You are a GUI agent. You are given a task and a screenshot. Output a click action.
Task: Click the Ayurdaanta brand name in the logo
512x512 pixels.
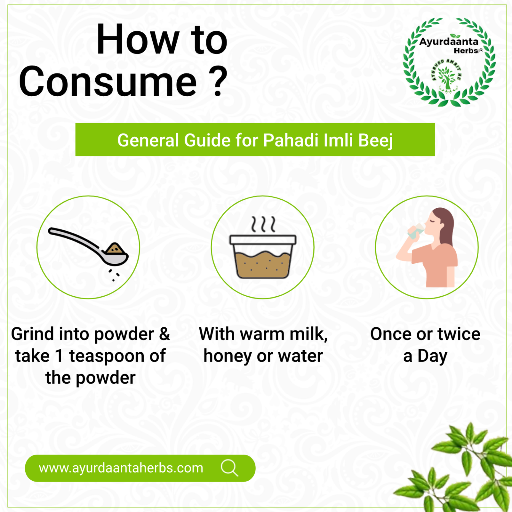point(449,42)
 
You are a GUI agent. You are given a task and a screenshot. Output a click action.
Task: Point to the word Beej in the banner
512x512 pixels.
point(375,141)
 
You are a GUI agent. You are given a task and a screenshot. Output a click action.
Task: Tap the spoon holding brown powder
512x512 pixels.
point(89,246)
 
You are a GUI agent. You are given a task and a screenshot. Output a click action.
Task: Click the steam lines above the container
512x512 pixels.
point(263,224)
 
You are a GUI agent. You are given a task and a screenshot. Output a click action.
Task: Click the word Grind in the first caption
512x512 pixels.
point(32,334)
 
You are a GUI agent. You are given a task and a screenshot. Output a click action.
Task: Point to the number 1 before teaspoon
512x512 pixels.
point(59,356)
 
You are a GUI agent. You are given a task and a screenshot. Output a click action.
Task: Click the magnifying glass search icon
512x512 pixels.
point(229,468)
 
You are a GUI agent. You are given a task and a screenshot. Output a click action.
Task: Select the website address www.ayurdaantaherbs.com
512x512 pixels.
point(121,468)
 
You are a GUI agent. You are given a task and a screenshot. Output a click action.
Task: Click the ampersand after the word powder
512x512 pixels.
point(164,334)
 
